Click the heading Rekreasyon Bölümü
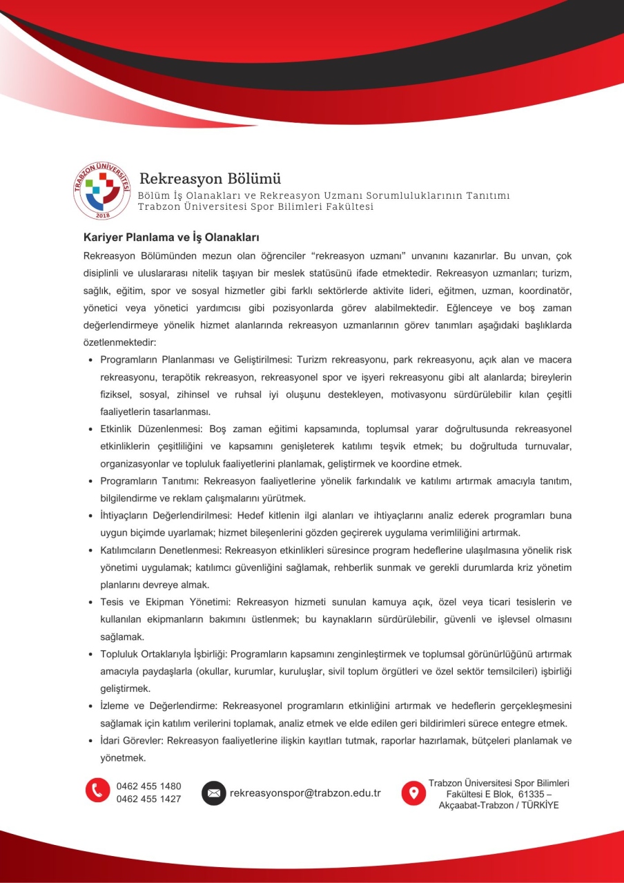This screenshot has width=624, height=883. tap(211, 179)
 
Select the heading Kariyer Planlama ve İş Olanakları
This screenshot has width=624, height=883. tap(170, 237)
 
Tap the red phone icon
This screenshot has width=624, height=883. tap(98, 790)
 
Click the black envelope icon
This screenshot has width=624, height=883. tap(214, 793)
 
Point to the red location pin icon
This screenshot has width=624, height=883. tap(413, 793)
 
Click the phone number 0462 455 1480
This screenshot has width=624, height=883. tap(149, 786)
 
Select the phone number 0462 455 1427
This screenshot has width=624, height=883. tap(149, 799)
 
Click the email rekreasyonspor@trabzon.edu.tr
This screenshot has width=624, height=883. tap(305, 793)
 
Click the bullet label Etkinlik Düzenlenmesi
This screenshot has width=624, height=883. tap(150, 429)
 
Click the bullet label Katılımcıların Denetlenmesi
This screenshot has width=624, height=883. tap(161, 550)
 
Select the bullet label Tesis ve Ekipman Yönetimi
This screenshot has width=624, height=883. tap(161, 602)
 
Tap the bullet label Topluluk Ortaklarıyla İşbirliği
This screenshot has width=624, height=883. tap(169, 654)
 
